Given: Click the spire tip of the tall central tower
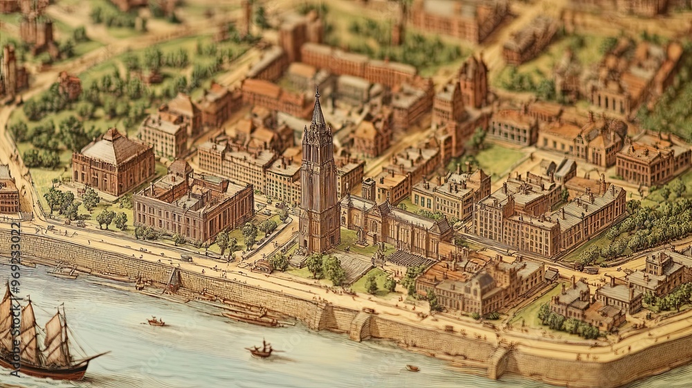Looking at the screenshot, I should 318,92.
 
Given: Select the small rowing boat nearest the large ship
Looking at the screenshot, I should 156,322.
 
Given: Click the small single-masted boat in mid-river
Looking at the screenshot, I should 262,351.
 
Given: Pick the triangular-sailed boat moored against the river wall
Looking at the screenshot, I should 174,281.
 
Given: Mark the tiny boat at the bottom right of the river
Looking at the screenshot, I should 412,369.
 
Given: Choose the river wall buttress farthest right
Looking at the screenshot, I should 500,360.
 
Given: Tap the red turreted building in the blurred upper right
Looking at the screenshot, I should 473,80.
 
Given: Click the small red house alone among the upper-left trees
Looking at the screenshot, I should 69,85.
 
